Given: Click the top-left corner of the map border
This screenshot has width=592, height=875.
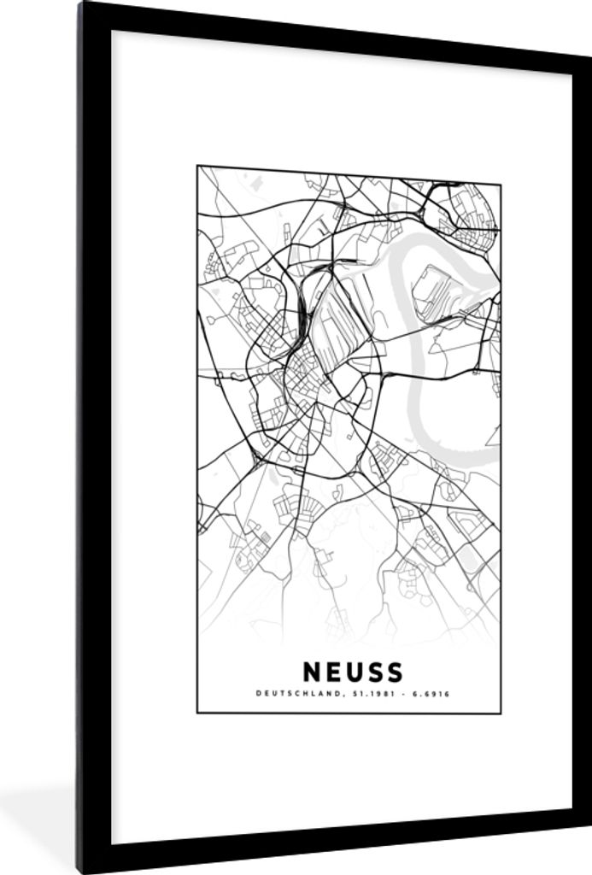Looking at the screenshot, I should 197,167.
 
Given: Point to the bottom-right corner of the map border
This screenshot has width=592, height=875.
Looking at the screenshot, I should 501,713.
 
